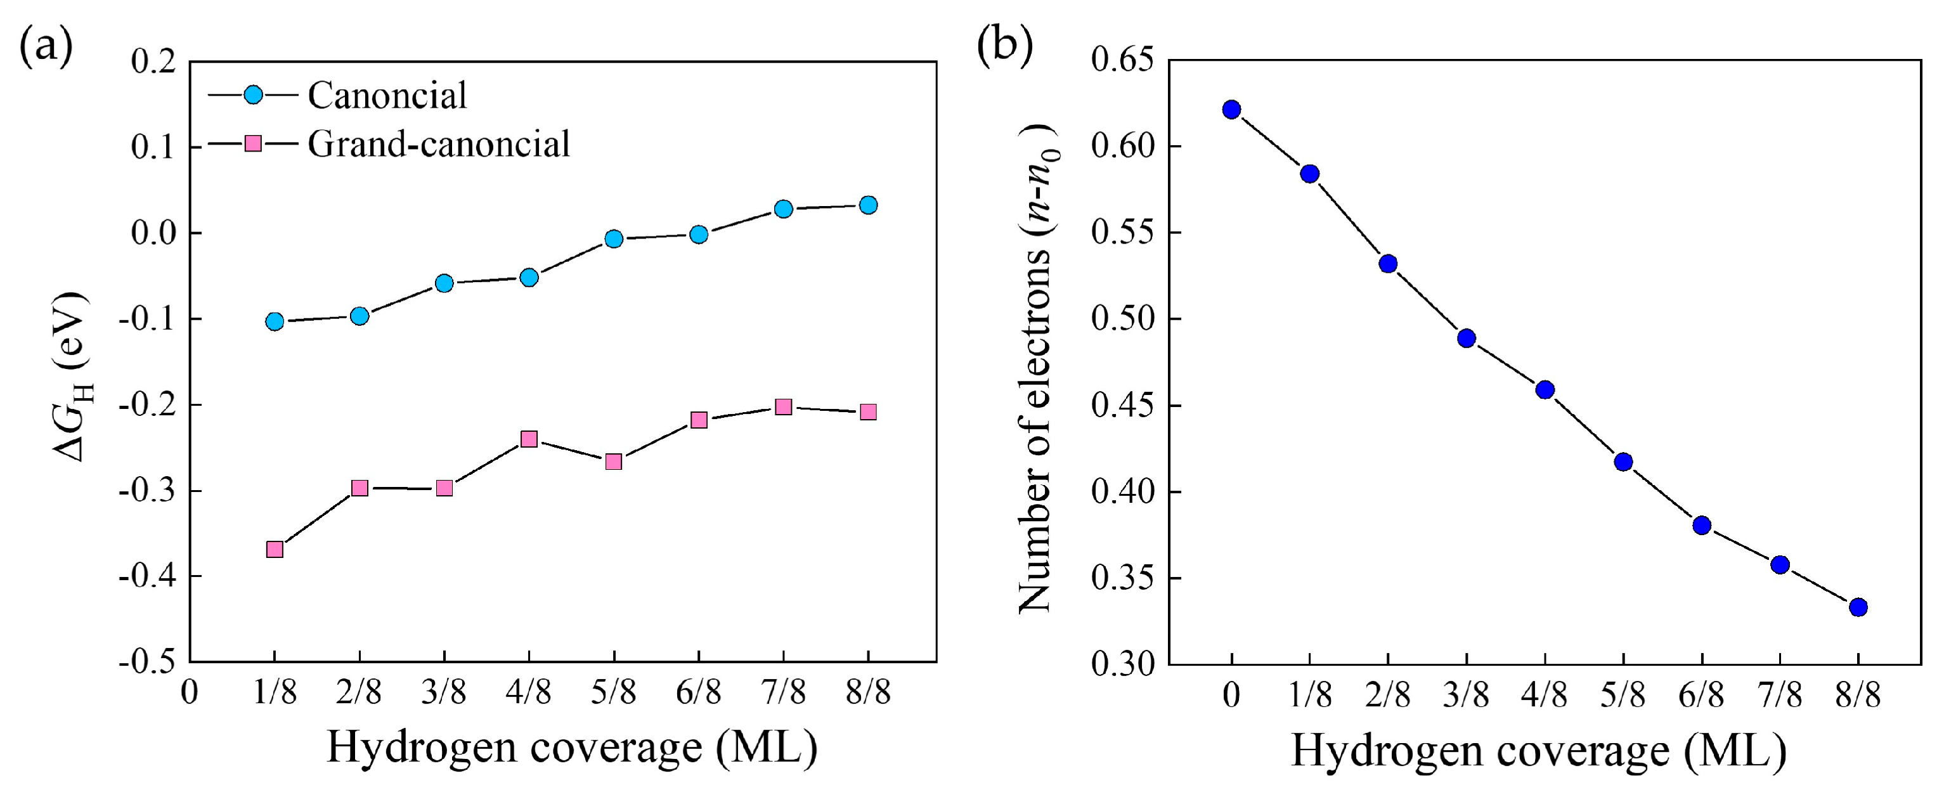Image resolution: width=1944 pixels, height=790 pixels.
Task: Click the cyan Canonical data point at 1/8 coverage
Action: [x=275, y=321]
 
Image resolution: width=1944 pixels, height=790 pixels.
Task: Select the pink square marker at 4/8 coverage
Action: [x=529, y=439]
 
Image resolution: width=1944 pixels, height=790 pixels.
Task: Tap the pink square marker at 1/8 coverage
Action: [x=275, y=549]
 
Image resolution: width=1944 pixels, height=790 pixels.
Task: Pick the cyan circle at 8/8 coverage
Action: [x=868, y=205]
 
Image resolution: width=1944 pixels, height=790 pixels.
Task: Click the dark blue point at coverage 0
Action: [x=1231, y=110]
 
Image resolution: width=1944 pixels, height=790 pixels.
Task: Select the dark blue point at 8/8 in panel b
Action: [x=1858, y=607]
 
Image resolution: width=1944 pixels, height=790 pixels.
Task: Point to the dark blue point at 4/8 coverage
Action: [x=1545, y=390]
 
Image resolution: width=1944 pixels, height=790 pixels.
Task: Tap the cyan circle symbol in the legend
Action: [x=254, y=95]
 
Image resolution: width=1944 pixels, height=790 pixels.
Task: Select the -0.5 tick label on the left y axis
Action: [x=147, y=662]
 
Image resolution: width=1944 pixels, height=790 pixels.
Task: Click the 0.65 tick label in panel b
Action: [x=1123, y=60]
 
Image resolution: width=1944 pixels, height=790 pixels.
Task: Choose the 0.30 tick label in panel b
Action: [x=1123, y=664]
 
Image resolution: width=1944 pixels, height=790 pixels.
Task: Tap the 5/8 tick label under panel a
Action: [x=614, y=691]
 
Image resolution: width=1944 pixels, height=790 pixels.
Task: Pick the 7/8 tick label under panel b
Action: [x=1780, y=694]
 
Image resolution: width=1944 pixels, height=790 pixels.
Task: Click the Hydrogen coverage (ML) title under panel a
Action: [x=572, y=748]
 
